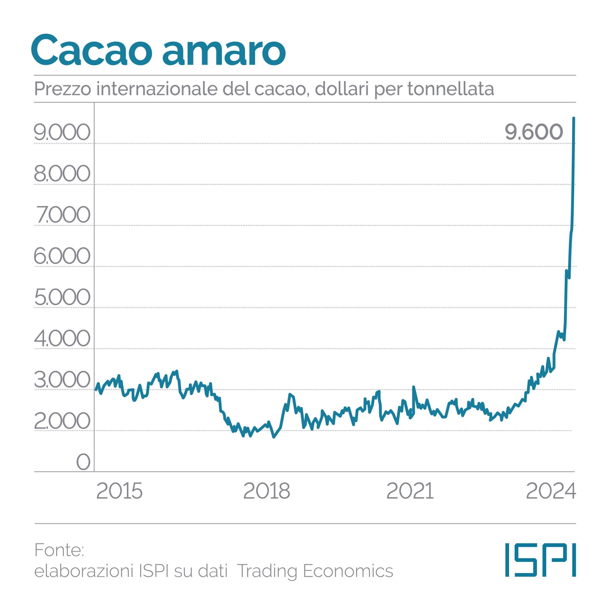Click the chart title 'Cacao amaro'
(x=158, y=51)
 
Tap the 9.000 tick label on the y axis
(x=62, y=132)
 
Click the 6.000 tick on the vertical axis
(x=62, y=256)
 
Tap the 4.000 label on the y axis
(x=62, y=338)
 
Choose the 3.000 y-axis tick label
(x=62, y=379)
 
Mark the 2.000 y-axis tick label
(x=62, y=421)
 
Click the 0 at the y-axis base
(x=83, y=462)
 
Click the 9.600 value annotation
(x=533, y=132)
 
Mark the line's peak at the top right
(x=574, y=119)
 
